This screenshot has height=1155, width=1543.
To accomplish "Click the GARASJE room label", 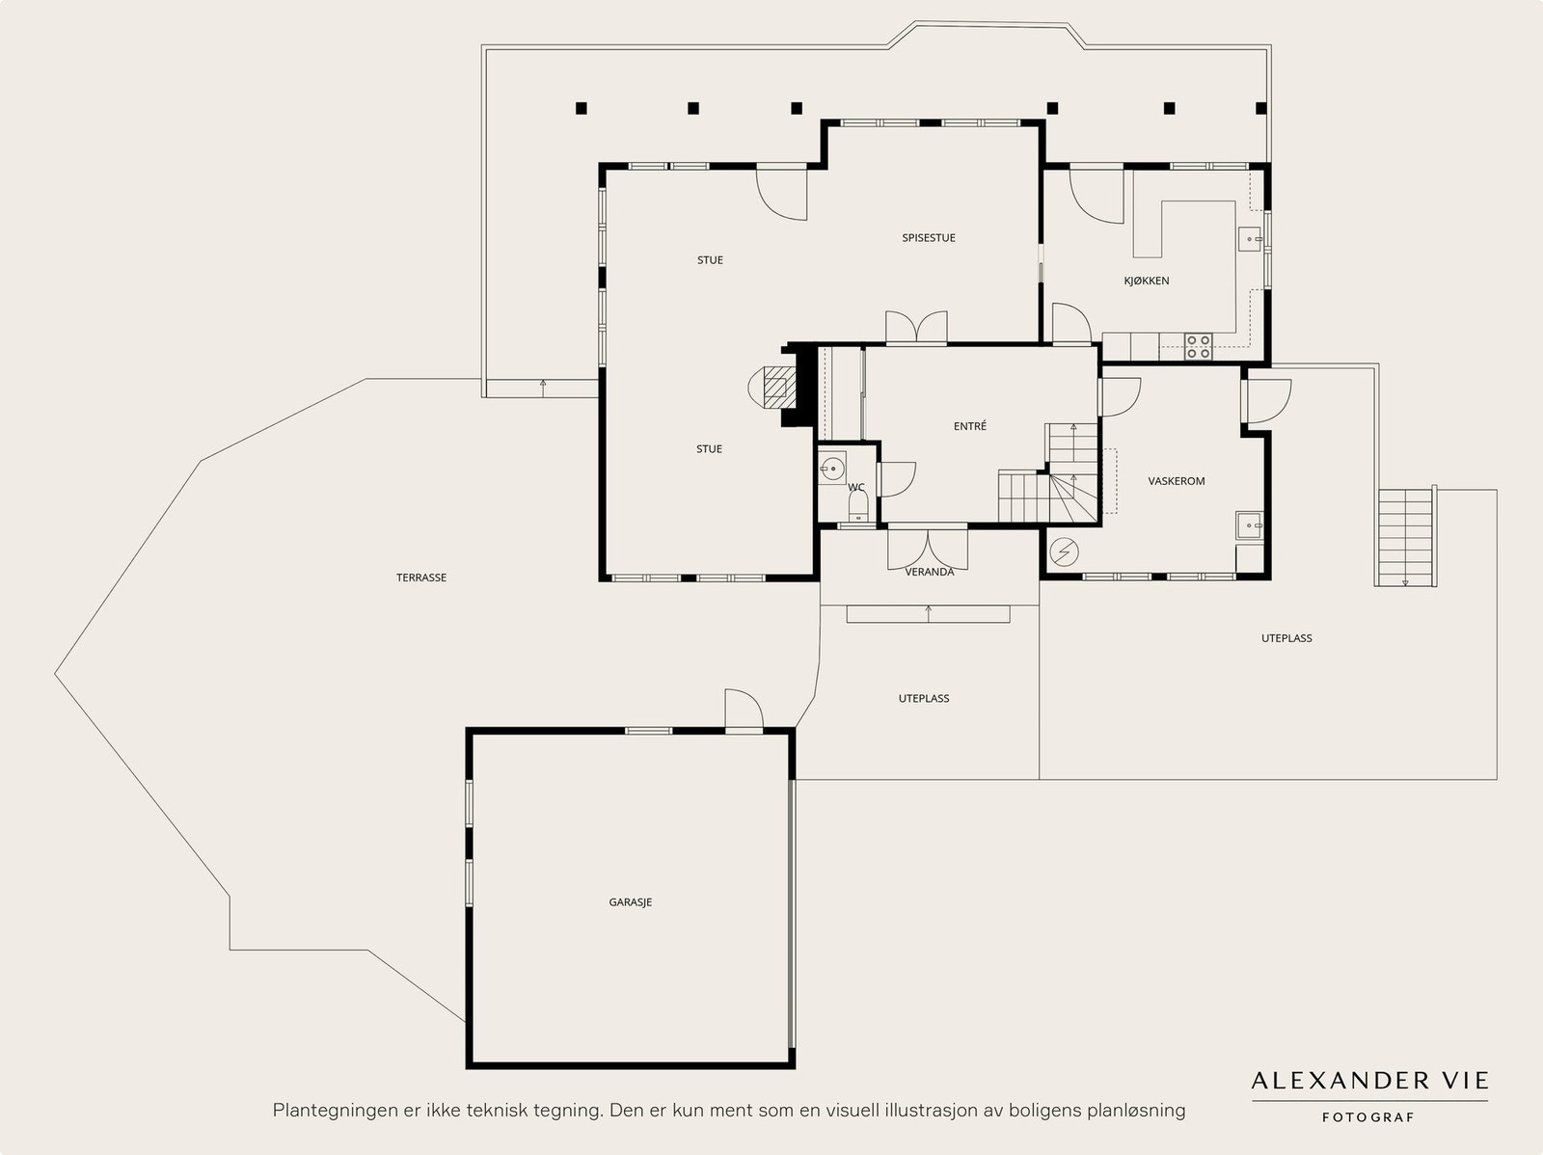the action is (x=631, y=902).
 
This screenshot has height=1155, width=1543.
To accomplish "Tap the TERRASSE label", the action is (x=421, y=577).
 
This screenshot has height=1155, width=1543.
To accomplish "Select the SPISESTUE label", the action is (x=929, y=237).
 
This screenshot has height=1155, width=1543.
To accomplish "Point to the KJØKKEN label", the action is (x=1147, y=281).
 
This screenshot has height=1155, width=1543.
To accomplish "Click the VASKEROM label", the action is (x=1176, y=481).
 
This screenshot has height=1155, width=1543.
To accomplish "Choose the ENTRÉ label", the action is (x=970, y=426).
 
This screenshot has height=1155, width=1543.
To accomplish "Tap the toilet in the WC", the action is (x=858, y=506).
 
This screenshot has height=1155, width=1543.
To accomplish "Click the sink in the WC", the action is (x=832, y=468).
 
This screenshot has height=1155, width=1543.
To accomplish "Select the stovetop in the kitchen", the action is (x=1199, y=346).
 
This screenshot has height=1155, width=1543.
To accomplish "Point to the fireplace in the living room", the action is (x=772, y=388).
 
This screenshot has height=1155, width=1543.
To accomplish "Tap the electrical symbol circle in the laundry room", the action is (x=1064, y=552).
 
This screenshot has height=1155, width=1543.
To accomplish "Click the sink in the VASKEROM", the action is (x=1249, y=524).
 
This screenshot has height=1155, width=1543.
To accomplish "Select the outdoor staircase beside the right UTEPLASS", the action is (x=1405, y=537).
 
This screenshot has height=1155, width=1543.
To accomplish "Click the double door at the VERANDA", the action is (x=928, y=549).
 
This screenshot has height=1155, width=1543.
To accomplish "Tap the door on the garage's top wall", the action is (x=744, y=711).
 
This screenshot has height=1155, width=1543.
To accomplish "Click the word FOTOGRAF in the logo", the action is (x=1367, y=1117).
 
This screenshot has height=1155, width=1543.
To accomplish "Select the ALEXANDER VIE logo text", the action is (x=1370, y=1081).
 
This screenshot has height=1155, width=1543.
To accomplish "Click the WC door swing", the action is (x=898, y=479).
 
